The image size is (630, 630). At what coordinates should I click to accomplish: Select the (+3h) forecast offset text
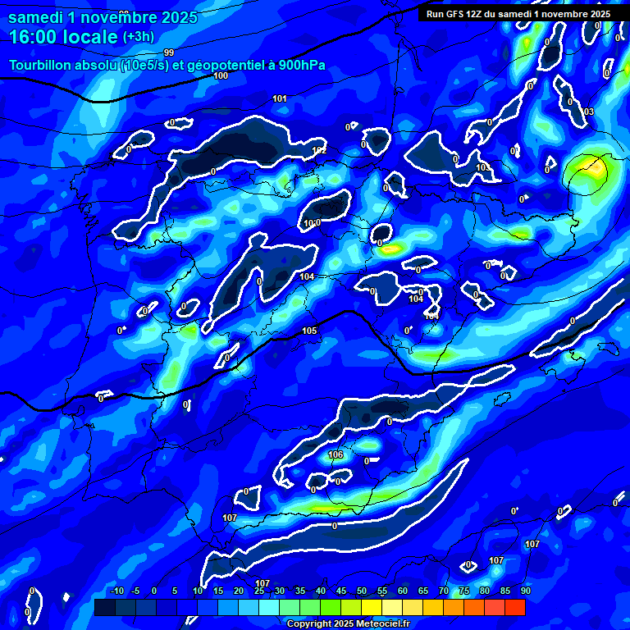pos(136,37)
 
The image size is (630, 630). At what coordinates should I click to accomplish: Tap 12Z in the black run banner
pos(477,14)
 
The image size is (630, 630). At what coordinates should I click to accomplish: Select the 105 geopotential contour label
pos(309,331)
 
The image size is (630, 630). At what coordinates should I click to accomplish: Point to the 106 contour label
pos(336,454)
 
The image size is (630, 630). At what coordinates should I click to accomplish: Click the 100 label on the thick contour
pos(221,75)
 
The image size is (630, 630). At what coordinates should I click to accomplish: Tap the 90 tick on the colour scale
pos(525,591)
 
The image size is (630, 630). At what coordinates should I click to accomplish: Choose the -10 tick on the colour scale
pos(116,591)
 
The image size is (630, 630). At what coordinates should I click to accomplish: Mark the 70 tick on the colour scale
pos(443,591)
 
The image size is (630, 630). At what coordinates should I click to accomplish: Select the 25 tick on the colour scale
pos(259,591)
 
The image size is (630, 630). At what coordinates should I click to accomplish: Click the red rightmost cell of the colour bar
pos(514,607)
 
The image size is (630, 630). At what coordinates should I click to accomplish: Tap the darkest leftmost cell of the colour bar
pos(104,607)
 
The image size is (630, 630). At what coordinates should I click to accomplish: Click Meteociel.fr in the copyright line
pos(382,624)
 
